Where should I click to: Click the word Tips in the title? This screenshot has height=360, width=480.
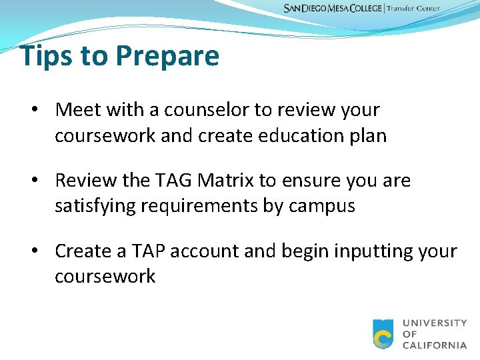(x=46, y=56)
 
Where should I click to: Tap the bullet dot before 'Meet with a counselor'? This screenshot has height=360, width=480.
(x=41, y=109)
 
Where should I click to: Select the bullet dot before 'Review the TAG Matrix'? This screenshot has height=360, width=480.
(x=41, y=181)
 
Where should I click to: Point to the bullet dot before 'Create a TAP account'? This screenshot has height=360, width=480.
(x=41, y=251)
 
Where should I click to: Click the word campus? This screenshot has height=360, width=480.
(x=322, y=207)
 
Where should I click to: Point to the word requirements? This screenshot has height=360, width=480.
(x=204, y=207)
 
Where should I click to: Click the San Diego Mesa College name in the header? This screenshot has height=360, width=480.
(x=333, y=9)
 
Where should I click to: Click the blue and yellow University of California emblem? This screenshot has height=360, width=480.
(x=383, y=334)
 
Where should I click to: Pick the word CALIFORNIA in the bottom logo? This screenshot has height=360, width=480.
(x=435, y=345)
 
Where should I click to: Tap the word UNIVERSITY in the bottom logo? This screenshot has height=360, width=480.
(x=435, y=323)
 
